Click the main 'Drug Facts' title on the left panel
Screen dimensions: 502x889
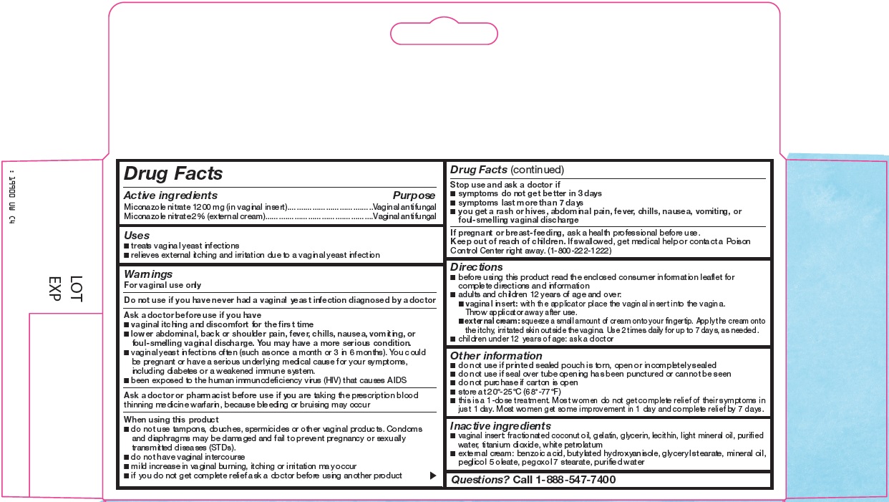(173, 173)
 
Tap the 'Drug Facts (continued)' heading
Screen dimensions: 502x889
(507, 170)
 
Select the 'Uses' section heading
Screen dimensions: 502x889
(137, 235)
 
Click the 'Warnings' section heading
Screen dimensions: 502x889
(148, 274)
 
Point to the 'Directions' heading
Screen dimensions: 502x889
(476, 267)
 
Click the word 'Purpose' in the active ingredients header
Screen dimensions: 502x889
(414, 196)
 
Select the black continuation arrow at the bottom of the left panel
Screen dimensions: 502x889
(432, 476)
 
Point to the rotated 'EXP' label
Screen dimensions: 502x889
(55, 289)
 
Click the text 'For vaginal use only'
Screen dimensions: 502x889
(162, 285)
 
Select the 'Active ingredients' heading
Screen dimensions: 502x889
(170, 196)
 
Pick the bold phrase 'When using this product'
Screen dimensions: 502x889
(171, 420)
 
